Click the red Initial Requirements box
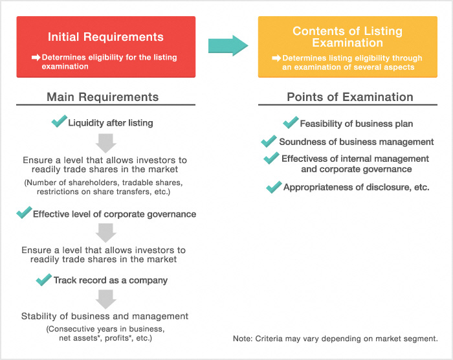click(x=106, y=47)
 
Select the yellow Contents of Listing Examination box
click(x=347, y=47)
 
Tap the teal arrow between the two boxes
click(x=228, y=46)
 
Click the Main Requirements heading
click(x=102, y=97)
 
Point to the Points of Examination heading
click(x=349, y=97)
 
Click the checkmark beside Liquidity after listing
click(x=59, y=121)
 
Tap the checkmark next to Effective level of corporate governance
click(x=24, y=212)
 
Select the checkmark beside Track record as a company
click(x=44, y=279)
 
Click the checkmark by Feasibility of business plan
click(x=291, y=122)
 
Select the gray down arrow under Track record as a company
click(x=105, y=298)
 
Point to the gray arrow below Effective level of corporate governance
click(x=105, y=231)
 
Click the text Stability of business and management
click(x=105, y=316)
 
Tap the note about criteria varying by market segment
click(x=335, y=339)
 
